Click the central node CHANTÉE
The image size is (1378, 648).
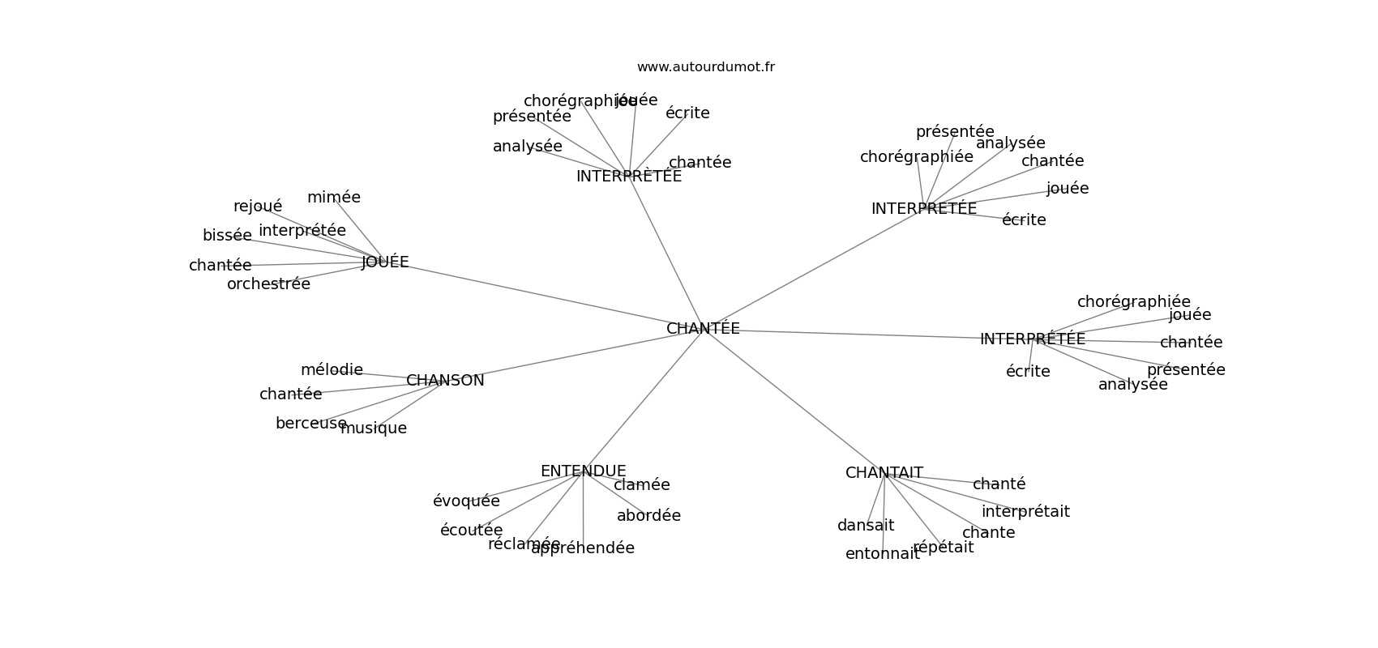703,329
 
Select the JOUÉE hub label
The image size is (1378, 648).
385,262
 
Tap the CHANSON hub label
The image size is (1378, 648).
445,381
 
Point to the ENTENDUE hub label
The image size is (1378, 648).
583,471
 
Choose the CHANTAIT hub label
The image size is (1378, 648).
884,473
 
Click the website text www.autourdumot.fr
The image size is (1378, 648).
705,67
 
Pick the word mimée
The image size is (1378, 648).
333,198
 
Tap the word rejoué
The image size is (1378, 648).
258,207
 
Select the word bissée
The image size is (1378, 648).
227,236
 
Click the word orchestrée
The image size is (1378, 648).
268,284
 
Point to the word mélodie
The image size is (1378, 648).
332,370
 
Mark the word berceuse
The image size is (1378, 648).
310,424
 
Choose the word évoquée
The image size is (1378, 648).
466,501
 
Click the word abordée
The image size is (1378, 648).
648,516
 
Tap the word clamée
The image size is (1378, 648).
641,485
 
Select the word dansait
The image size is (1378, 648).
866,526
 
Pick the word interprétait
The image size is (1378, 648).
1025,512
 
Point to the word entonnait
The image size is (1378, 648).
882,554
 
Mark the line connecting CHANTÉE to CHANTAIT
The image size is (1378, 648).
794,402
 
